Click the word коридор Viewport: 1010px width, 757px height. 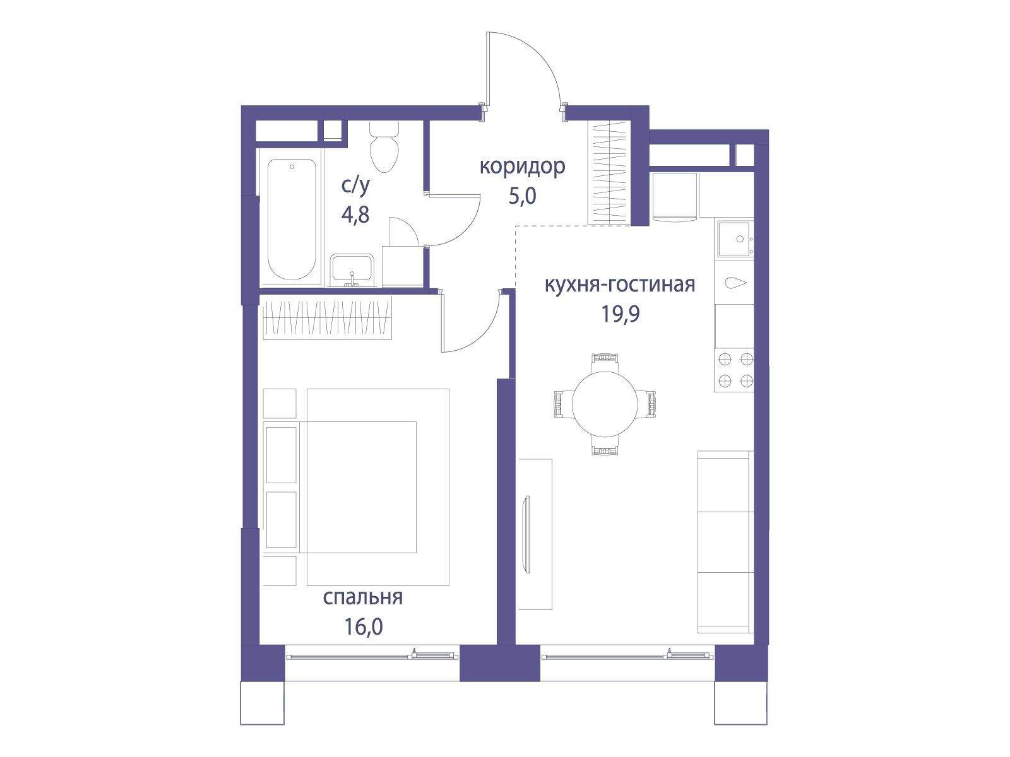pyautogui.click(x=522, y=167)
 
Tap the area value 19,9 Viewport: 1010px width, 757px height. pyautogui.click(x=621, y=315)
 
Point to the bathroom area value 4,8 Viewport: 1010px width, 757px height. pyautogui.click(x=355, y=214)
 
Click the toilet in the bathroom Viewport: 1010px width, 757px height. pyautogui.click(x=384, y=146)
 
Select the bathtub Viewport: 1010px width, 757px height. pyautogui.click(x=292, y=220)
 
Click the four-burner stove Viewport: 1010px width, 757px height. pyautogui.click(x=734, y=370)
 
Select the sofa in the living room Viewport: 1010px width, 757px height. pyautogui.click(x=726, y=542)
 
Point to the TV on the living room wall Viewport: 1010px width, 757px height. pyautogui.click(x=527, y=534)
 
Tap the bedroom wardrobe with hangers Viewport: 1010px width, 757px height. pyautogui.click(x=327, y=317)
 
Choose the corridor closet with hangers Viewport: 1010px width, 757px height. pyautogui.click(x=609, y=173)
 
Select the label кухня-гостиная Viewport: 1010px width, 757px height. pyautogui.click(x=620, y=285)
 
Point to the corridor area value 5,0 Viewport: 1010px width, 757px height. pyautogui.click(x=522, y=197)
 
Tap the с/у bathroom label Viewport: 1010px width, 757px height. pyautogui.click(x=355, y=185)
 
